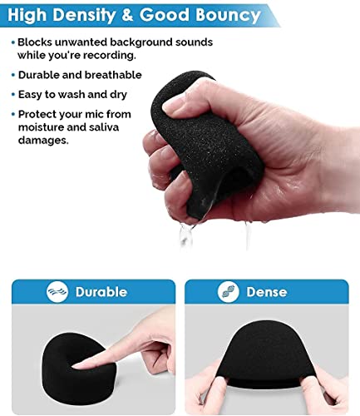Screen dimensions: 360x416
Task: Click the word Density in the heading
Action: (84, 15)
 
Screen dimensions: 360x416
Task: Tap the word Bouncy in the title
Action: (228, 15)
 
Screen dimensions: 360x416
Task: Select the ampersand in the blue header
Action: (127, 14)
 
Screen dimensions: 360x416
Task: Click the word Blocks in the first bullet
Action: (35, 42)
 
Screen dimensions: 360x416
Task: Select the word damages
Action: (43, 141)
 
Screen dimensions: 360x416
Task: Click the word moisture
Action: (41, 127)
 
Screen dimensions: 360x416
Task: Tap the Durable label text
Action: (101, 292)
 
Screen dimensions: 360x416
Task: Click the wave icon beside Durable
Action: (57, 292)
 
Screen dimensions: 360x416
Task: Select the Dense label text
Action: (267, 292)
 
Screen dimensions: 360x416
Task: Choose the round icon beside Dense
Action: (228, 292)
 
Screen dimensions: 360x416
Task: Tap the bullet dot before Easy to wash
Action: (12, 95)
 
